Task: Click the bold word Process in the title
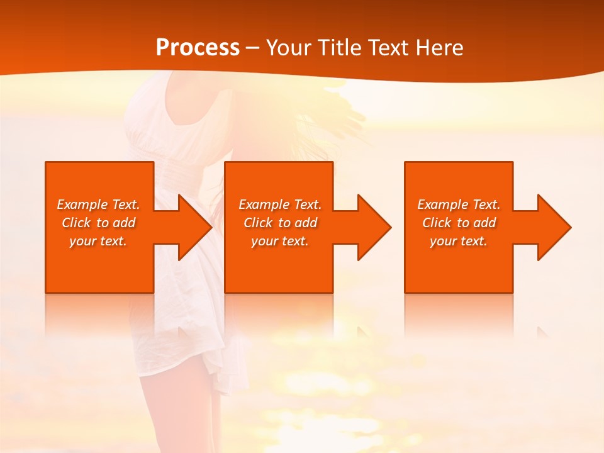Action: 198,48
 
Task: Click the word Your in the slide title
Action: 289,48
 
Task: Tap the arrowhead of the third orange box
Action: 553,227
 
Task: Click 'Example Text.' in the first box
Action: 98,204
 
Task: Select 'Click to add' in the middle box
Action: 280,223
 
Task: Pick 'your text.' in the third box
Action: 458,241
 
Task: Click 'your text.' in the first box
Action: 98,241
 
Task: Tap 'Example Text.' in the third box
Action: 459,204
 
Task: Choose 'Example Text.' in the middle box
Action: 280,204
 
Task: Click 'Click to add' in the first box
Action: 98,223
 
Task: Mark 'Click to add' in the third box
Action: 459,223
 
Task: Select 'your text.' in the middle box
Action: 279,241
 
